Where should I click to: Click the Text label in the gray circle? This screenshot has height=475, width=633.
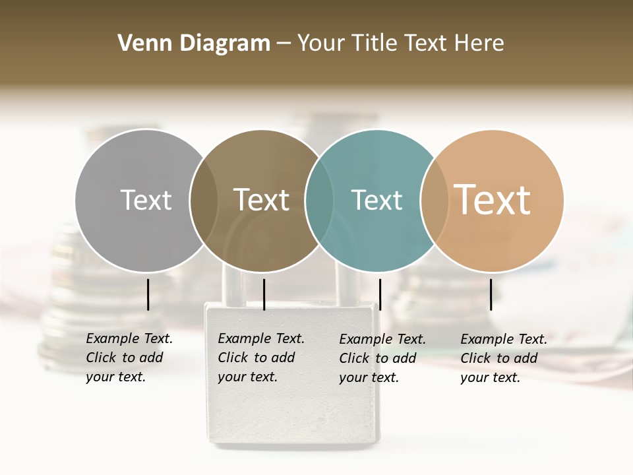click(x=146, y=200)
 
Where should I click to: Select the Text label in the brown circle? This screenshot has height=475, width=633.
click(x=262, y=200)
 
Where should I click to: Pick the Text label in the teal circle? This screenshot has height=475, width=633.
click(x=377, y=200)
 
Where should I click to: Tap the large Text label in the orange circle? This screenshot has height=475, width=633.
click(x=493, y=200)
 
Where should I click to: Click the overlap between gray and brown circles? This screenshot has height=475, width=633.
click(x=204, y=200)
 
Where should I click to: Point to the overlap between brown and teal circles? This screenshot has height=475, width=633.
click(x=319, y=200)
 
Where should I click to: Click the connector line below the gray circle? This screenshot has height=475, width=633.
click(x=148, y=294)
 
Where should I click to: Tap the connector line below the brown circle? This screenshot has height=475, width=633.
click(x=264, y=294)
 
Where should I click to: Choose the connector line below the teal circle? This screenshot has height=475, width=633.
click(x=380, y=294)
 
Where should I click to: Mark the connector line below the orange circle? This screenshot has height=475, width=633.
click(x=491, y=294)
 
